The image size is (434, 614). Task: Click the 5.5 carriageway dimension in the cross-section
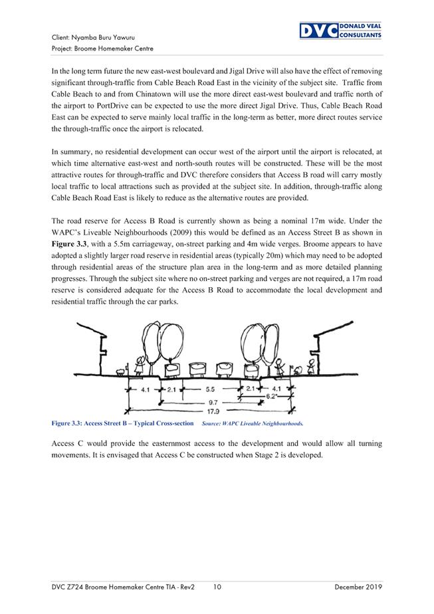211,389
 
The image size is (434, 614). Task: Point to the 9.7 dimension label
211,402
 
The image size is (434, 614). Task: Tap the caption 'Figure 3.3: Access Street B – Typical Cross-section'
123,423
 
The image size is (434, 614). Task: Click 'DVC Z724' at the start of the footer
69,587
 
